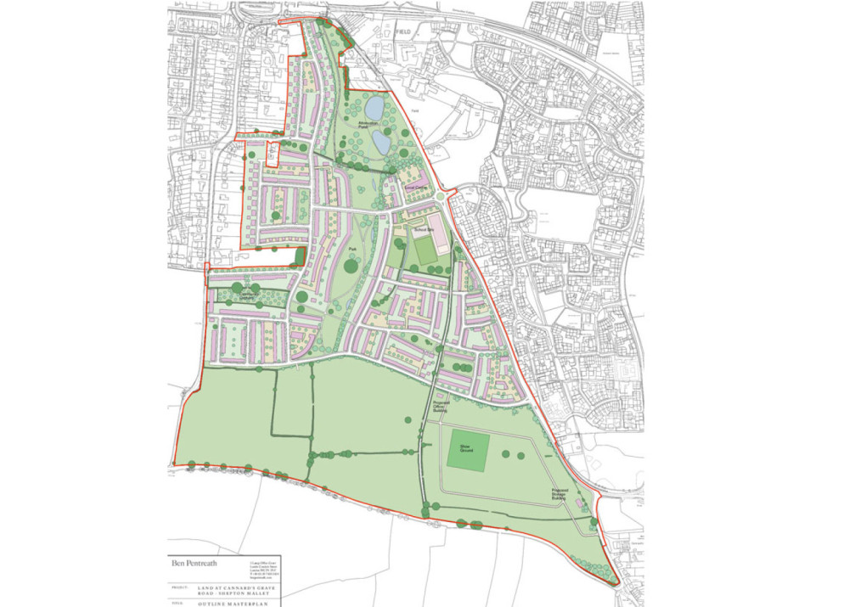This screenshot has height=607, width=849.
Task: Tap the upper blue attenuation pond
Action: (x=373, y=107)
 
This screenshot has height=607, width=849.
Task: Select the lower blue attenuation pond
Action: (x=381, y=143)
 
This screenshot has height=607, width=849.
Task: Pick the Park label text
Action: (x=351, y=250)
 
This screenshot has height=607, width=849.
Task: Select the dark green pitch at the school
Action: (x=424, y=251)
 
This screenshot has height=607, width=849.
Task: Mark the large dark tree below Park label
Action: (x=351, y=267)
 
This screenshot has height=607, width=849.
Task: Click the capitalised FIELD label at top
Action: (x=402, y=31)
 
